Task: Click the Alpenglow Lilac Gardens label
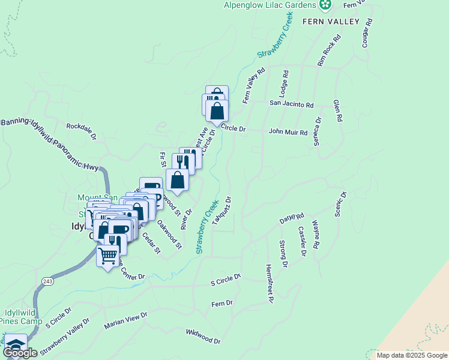tap(270, 5)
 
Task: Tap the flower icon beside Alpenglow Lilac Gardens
tap(325, 5)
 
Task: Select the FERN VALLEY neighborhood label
tap(330, 22)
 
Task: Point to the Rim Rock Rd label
tap(328, 50)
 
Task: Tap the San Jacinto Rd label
tap(291, 104)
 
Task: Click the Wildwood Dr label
tap(203, 337)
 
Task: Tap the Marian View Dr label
tap(125, 320)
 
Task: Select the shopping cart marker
tap(108, 256)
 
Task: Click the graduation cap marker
tap(15, 346)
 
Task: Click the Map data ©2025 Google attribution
tap(411, 355)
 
